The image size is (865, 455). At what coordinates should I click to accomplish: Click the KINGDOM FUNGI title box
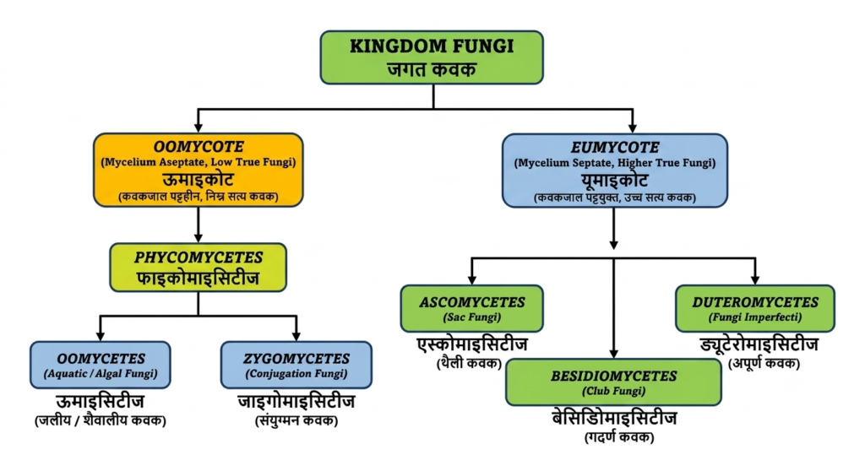tap(432, 57)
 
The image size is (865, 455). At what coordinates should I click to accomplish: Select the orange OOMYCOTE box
tap(198, 170)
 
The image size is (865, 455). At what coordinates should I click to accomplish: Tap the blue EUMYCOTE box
tap(615, 171)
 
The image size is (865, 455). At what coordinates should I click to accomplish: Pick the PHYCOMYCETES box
tap(198, 268)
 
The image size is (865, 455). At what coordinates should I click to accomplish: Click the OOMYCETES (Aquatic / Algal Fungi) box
tap(101, 365)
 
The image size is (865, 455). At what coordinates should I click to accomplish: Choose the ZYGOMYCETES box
tap(296, 365)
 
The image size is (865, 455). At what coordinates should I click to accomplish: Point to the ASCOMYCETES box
tap(471, 308)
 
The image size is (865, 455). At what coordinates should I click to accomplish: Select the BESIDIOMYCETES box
tap(613, 382)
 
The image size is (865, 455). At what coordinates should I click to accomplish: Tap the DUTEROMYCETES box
tap(754, 308)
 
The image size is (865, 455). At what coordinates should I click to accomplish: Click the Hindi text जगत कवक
tap(432, 69)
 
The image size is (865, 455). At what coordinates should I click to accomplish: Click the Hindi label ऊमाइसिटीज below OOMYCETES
tap(101, 401)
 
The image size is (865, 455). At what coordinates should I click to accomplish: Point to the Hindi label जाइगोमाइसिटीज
tap(296, 401)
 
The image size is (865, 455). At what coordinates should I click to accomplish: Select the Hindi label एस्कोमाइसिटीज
tap(472, 344)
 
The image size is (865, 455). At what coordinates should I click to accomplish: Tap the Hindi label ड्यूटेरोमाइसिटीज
tap(759, 345)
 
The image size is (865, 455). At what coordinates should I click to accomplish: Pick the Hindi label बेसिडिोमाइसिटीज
tap(614, 418)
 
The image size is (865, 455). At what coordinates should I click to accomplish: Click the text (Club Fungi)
tap(613, 391)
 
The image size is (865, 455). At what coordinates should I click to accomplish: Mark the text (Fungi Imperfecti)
tap(754, 317)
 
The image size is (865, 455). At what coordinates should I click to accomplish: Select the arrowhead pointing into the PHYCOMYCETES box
tap(198, 238)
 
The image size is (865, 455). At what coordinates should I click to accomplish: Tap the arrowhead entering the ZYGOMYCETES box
tap(296, 336)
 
